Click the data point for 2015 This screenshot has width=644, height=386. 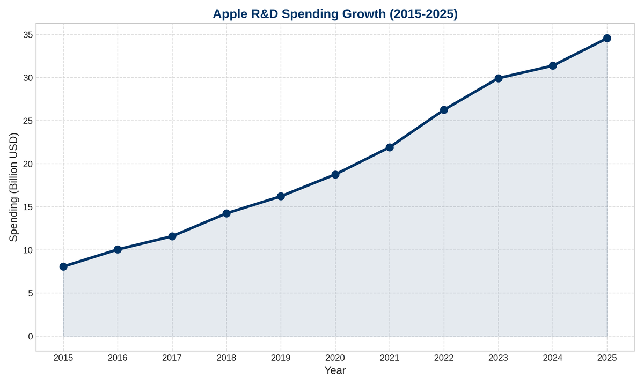pos(63,266)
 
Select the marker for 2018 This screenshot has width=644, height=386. pos(226,213)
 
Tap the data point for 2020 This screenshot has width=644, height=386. pos(335,174)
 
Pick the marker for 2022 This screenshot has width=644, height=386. pos(444,110)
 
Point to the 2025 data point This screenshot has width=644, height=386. pos(607,38)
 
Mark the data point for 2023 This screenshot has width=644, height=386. pos(499,78)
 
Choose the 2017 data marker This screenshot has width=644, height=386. pos(172,236)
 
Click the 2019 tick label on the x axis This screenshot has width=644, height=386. pos(281,358)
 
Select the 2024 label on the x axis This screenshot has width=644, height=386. pos(553,358)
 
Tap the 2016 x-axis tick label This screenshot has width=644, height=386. pos(118,358)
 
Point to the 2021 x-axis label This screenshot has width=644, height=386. pos(390,358)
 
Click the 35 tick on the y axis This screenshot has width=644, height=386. pos(27,35)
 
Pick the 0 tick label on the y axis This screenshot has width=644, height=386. pos(30,337)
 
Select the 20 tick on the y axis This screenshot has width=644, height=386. pos(27,164)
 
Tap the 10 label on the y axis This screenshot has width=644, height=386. pos(27,250)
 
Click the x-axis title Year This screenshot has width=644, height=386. pos(335,370)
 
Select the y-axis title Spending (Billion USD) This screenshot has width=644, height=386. pos(14,186)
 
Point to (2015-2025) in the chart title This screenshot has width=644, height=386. pos(425,14)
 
